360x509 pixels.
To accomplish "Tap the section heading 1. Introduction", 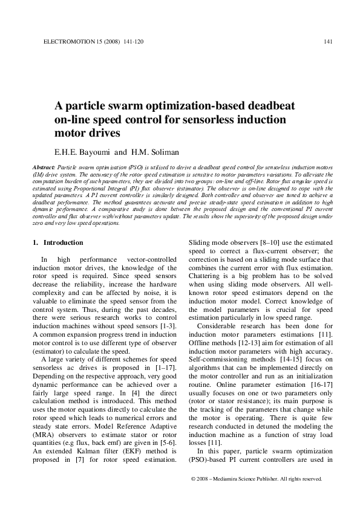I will [57, 242].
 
